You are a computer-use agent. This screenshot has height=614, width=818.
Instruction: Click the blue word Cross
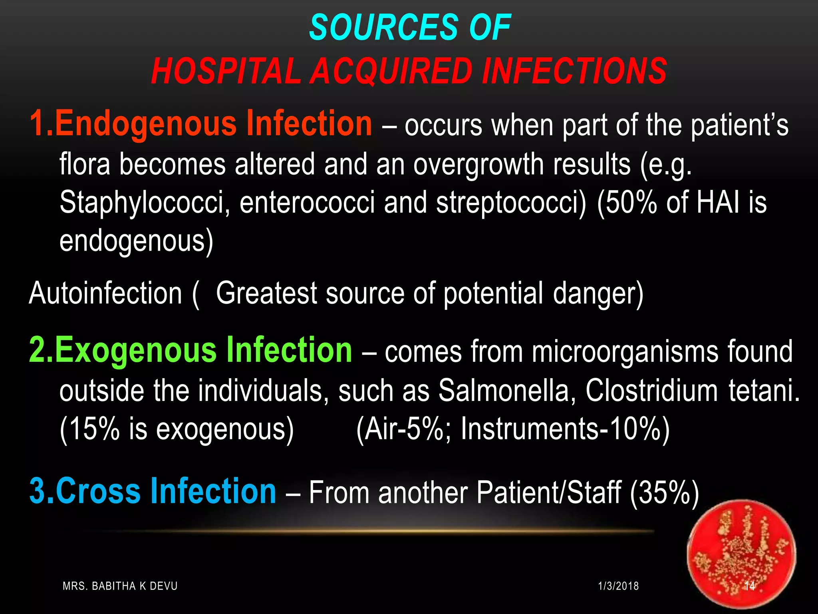point(98,491)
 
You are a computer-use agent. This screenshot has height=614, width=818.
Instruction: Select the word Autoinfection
point(105,293)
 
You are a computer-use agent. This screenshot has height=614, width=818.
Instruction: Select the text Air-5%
point(403,429)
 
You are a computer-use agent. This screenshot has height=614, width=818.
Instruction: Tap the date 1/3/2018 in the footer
point(618,586)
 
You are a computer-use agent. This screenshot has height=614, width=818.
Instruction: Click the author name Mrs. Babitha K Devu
point(120,586)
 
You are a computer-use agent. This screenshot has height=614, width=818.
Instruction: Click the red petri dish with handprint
point(741,554)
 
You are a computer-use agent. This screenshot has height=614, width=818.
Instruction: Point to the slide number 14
point(750,586)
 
